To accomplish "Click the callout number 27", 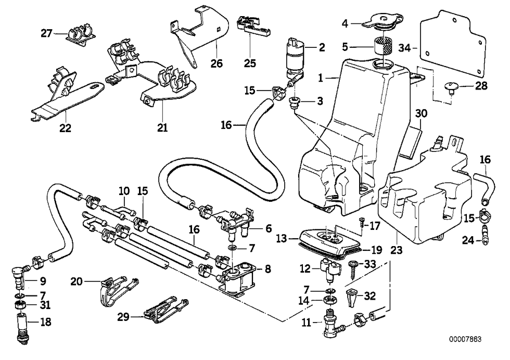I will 47,34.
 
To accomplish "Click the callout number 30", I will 422,113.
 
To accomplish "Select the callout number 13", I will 281,238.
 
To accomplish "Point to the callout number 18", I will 46,322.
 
